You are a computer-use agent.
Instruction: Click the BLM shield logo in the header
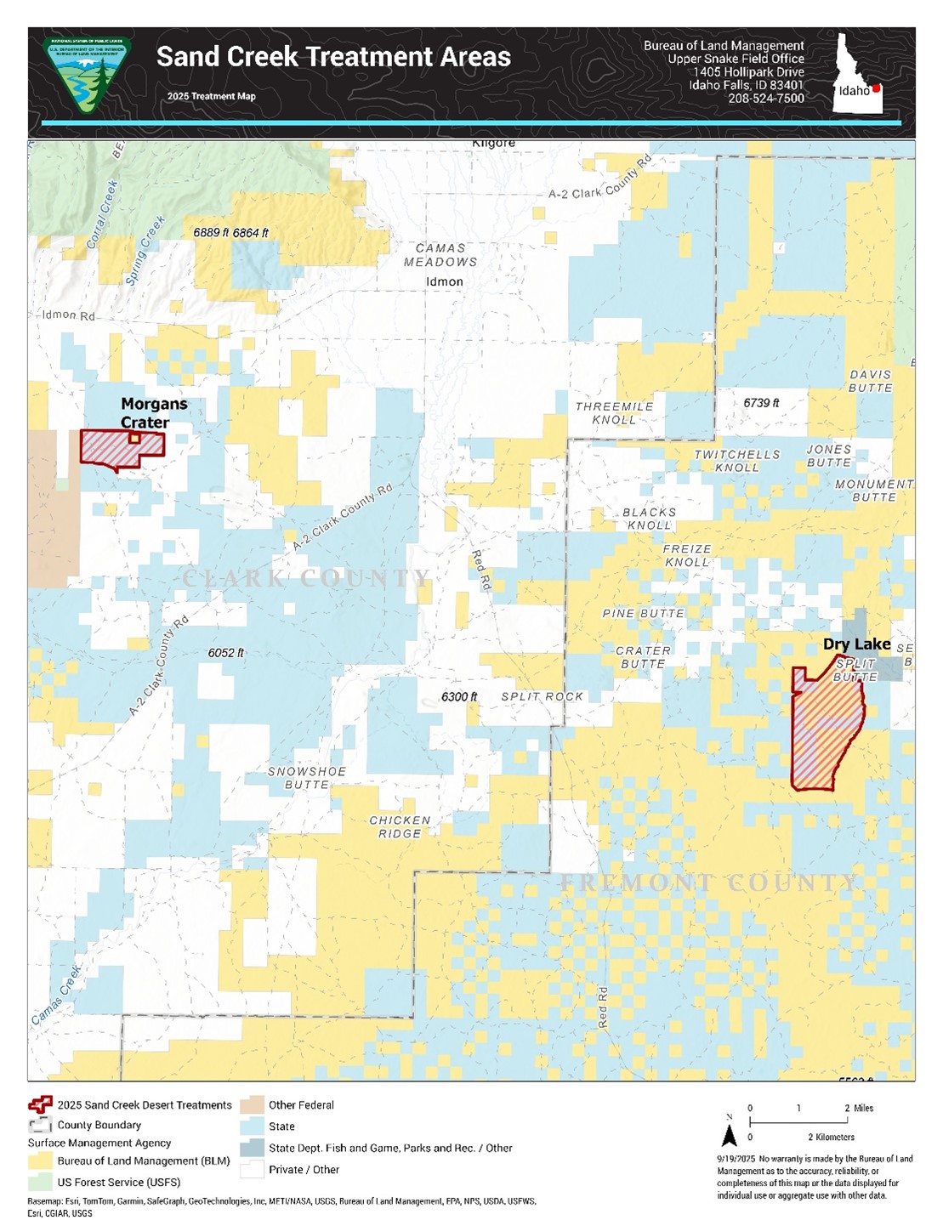[87, 76]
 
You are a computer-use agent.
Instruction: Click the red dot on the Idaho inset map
[876, 88]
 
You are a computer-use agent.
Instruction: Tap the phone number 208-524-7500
[765, 99]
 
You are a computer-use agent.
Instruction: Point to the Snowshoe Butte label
[307, 778]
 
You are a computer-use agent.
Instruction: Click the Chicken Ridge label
[400, 827]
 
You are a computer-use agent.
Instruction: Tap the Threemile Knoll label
[614, 413]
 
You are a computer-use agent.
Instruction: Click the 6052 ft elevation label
[225, 653]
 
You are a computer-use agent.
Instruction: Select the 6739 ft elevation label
[761, 403]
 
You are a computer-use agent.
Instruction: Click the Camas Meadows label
[440, 255]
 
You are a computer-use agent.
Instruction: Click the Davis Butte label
[871, 381]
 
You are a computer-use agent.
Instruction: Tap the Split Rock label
[542, 696]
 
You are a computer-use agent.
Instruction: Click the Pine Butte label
[643, 613]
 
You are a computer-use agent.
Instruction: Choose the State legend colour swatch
[252, 1126]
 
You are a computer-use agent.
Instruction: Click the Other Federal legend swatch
[252, 1105]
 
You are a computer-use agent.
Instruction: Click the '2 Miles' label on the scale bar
[859, 1108]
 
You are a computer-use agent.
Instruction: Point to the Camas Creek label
[57, 994]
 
